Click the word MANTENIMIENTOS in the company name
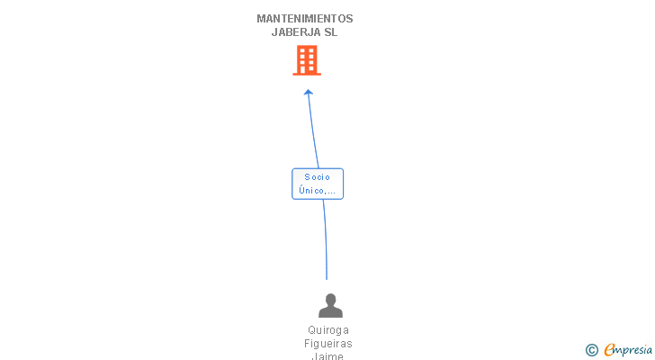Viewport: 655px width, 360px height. coord(304,19)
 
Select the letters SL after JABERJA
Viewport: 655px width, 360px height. coord(331,32)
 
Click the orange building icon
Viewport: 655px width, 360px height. coord(307,60)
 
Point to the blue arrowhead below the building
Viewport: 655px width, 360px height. coord(309,93)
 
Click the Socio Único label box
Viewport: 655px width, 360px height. coord(318,184)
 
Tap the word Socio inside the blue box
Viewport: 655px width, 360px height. coord(317,177)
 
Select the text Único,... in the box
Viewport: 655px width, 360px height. coord(317,191)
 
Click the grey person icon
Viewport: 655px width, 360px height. coord(330,305)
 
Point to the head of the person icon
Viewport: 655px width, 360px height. coord(330,299)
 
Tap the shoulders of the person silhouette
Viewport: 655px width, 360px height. coord(330,312)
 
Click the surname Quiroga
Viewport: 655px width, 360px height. coord(328,330)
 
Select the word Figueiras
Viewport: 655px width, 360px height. coord(328,344)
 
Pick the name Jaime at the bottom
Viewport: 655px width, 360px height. coord(327,355)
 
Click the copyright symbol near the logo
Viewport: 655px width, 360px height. coord(591,350)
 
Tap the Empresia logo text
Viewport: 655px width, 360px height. coord(628,349)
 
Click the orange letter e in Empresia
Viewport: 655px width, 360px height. coord(609,349)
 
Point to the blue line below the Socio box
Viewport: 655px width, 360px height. coord(326,239)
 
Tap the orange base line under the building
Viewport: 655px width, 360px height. coord(307,75)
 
